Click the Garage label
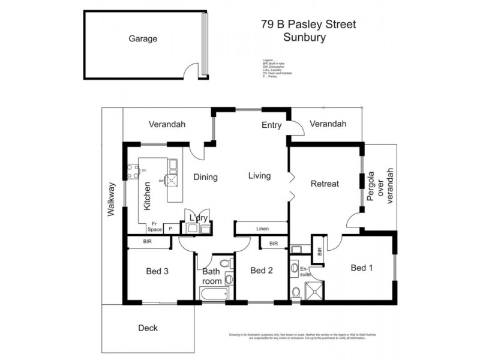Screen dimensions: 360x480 tap(143, 39)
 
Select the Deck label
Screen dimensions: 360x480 tap(148, 328)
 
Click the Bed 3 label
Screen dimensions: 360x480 tap(157, 271)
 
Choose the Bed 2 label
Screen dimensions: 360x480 tap(262, 271)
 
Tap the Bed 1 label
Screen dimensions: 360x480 tap(362, 268)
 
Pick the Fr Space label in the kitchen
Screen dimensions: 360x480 tap(154, 226)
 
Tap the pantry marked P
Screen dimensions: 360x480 tap(170, 229)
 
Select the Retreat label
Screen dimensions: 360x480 tap(325, 184)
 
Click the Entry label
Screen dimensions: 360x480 tap(272, 125)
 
